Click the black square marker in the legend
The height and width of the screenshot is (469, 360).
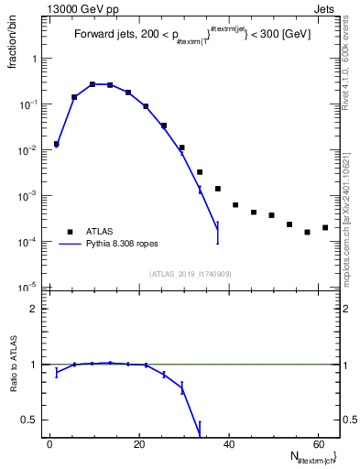click(70, 232)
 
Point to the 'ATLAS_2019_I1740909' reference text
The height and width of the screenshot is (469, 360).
click(191, 274)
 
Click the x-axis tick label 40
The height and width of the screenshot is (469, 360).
click(228, 443)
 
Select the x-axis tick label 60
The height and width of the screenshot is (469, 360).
click(317, 443)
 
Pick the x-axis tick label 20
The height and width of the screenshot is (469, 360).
click(138, 443)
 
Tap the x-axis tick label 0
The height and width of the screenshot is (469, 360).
click(49, 443)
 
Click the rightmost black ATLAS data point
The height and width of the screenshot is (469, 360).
click(325, 227)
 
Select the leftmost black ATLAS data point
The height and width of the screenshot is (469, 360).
click(57, 144)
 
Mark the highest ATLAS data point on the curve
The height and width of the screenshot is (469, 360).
click(93, 84)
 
